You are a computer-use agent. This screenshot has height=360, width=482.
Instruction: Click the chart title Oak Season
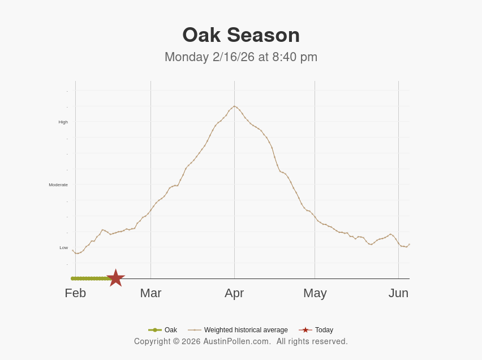[241, 35]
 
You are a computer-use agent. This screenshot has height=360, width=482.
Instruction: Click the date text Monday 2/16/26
[209, 57]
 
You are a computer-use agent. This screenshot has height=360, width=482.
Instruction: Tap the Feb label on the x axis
[75, 293]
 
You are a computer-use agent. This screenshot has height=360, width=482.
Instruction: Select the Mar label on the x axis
[150, 293]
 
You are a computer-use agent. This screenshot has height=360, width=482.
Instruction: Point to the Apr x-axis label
[234, 293]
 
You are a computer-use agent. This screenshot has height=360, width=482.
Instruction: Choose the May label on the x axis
[315, 293]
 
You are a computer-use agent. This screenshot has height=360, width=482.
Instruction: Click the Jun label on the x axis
[398, 293]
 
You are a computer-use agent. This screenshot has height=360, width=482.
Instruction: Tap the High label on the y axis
[63, 122]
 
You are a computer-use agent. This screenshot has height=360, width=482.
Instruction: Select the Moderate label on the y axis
[58, 185]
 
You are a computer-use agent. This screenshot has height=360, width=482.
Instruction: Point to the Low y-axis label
[63, 247]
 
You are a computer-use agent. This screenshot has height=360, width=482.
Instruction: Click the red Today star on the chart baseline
[115, 278]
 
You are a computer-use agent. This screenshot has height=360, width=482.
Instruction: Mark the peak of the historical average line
[234, 106]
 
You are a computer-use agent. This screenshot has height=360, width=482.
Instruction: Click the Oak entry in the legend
[170, 330]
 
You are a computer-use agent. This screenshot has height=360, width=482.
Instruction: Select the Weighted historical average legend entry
[246, 330]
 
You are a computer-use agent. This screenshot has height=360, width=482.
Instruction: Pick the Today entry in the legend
[324, 330]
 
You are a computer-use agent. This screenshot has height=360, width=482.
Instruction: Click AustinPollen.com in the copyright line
[237, 341]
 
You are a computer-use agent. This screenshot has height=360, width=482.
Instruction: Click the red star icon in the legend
[305, 330]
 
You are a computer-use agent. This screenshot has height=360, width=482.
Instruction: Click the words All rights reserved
[312, 341]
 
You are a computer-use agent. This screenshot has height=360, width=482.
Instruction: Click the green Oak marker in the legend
[154, 330]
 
